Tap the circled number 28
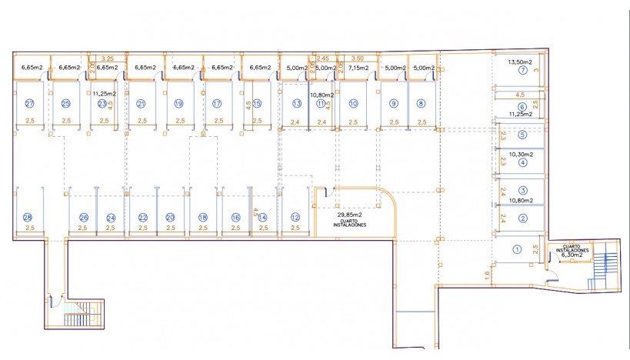click(28, 218)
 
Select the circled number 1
click(517, 249)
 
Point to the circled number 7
click(522, 71)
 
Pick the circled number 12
click(295, 218)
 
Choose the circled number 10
click(353, 103)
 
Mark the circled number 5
click(522, 135)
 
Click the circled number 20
click(170, 218)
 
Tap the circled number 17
click(218, 103)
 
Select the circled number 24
click(111, 218)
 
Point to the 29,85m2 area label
click(350, 215)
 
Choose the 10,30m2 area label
click(521, 154)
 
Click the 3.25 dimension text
click(108, 58)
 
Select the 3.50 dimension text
click(356, 58)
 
